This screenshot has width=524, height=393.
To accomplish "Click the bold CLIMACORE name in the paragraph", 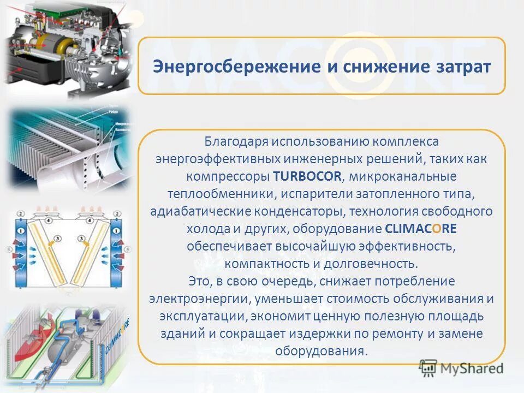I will click(420, 228).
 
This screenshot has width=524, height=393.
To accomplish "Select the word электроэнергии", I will click(199, 299).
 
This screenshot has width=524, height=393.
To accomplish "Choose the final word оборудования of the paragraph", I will click(320, 351).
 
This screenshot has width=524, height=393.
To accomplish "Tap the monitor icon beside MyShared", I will click(428, 367).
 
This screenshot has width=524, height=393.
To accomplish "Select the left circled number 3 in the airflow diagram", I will click(52, 239).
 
